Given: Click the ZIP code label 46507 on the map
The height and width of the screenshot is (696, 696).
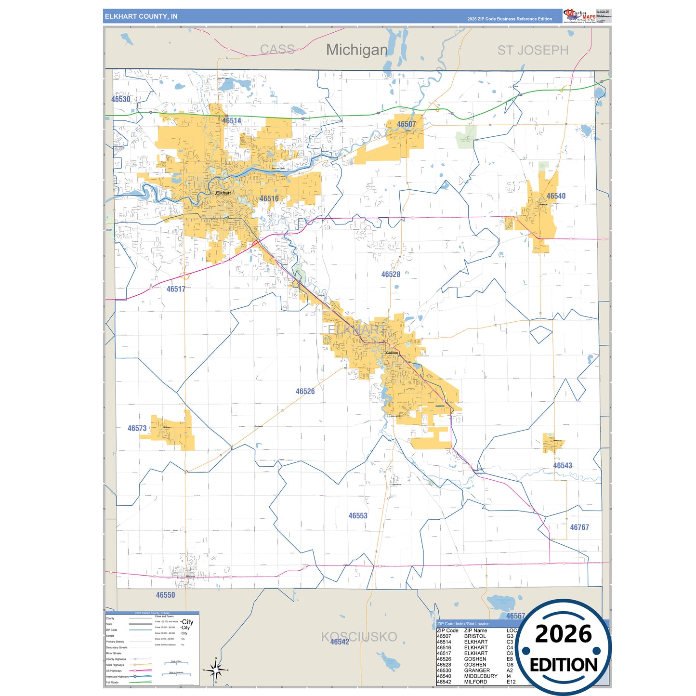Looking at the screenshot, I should (x=406, y=124).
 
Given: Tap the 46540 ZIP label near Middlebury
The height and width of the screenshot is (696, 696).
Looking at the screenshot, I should (x=556, y=196).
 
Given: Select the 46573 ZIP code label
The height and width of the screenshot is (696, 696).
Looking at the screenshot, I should (x=137, y=428).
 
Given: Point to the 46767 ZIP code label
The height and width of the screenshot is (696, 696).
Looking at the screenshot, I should (x=579, y=527).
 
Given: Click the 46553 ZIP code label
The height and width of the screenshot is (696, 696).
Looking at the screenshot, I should (x=358, y=516).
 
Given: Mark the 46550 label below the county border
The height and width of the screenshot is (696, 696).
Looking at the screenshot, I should (x=165, y=595).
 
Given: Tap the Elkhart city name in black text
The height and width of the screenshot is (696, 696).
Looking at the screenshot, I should (x=223, y=193).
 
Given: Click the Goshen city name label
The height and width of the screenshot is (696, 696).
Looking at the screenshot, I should (x=392, y=353).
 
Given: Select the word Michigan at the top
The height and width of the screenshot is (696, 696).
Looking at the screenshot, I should (x=356, y=50).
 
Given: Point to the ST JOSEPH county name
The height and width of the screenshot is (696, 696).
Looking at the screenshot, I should (x=533, y=50).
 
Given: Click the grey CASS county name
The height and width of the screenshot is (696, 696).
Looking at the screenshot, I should (x=277, y=49).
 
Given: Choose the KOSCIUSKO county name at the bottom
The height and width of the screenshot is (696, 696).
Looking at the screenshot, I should (x=359, y=637).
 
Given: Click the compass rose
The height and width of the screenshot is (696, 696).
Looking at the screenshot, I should (x=216, y=670).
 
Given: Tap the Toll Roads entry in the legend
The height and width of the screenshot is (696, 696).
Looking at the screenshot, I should (x=112, y=682).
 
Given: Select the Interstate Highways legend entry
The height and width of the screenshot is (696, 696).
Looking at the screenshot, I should (x=117, y=676).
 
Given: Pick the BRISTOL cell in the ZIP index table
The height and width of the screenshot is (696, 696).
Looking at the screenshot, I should (x=475, y=636).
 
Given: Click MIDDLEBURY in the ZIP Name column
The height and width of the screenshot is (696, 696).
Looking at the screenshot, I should (x=481, y=676).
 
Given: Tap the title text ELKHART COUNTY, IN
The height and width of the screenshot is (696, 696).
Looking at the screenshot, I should (x=141, y=16).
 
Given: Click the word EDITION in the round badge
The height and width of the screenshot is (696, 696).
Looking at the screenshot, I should (x=564, y=665).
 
